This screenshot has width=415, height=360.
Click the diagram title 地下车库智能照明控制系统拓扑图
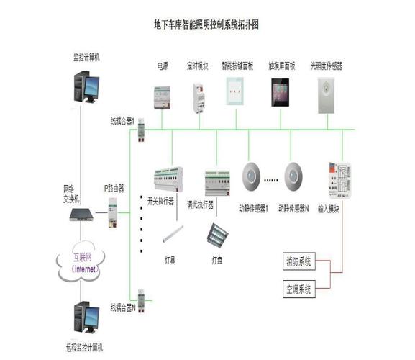click(x=206, y=24)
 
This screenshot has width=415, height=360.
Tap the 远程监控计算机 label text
click(x=84, y=348)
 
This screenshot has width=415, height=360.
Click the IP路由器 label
click(x=113, y=188)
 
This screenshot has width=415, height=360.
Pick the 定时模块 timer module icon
click(x=197, y=96)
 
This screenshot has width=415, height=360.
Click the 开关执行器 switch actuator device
click(x=168, y=179)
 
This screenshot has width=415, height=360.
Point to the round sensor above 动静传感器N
click(x=293, y=175)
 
